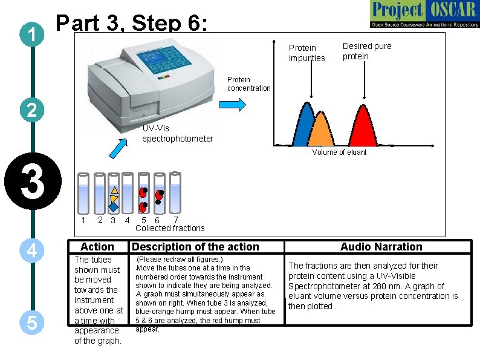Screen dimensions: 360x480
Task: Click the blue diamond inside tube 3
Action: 114,206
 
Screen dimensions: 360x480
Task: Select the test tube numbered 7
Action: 175,193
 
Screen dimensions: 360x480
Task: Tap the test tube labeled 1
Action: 83,193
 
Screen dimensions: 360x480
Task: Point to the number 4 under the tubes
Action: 127,221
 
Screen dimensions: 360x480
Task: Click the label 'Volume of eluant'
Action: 339,152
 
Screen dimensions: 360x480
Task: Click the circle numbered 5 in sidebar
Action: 33,324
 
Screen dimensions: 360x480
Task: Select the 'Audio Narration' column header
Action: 381,247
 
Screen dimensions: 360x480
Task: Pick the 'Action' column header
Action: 97,247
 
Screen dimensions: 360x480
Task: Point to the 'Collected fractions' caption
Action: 170,228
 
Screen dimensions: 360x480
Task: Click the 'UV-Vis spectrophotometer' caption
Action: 177,134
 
